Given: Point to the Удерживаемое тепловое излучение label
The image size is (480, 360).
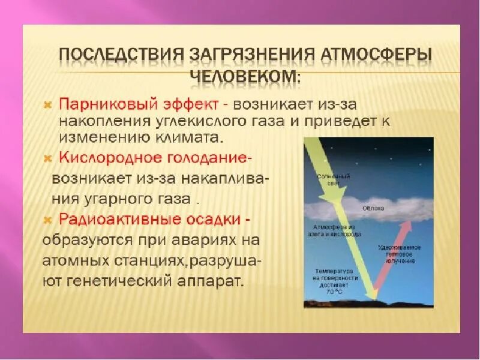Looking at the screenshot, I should [400, 254].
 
